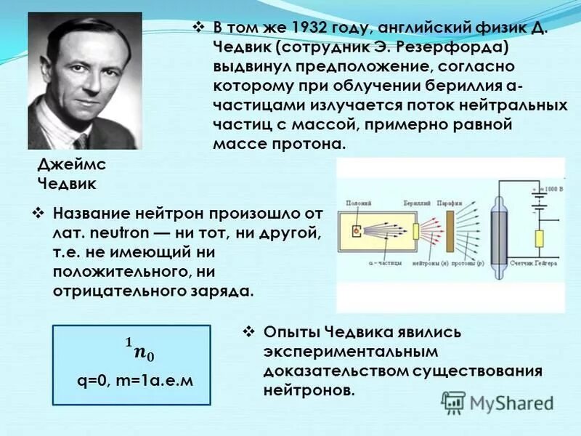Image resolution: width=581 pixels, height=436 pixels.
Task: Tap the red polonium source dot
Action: pos(356,231)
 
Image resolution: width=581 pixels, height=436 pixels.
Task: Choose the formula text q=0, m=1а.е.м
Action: pos(134,380)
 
